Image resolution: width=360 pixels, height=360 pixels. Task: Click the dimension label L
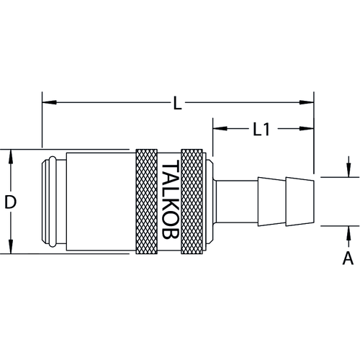(177, 104)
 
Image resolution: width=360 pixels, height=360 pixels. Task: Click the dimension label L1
(261, 129)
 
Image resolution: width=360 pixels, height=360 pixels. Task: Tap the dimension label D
(10, 202)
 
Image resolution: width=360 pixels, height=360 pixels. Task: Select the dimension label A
(348, 258)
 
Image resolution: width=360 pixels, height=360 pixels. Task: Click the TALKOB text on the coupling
(171, 199)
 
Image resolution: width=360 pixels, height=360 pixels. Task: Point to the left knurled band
(146, 202)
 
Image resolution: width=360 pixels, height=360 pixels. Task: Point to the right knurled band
(192, 202)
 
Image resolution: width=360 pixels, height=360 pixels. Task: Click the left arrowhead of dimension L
(49, 102)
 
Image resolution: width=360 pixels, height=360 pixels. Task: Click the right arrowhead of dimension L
(307, 102)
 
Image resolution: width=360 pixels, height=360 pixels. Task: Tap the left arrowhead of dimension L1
(220, 128)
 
